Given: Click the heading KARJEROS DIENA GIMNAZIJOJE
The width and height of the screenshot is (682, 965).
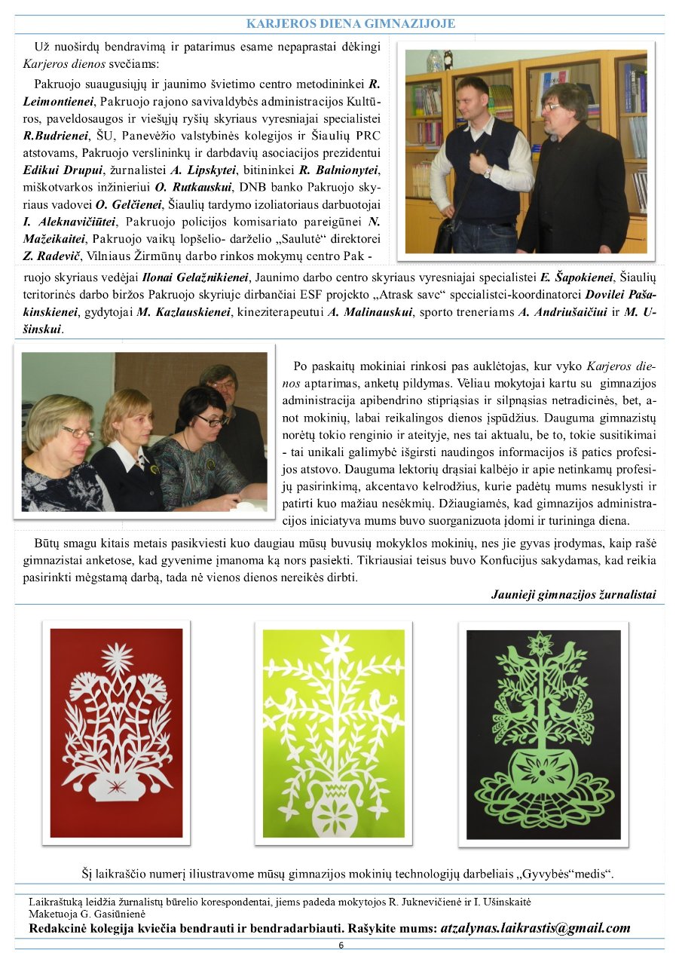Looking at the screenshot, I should [x=350, y=24].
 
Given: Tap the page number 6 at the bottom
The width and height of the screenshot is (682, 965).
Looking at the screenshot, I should [x=341, y=945].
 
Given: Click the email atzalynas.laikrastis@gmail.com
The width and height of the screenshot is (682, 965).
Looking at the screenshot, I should [x=535, y=928].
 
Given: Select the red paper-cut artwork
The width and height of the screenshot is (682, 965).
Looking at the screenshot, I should [x=116, y=732].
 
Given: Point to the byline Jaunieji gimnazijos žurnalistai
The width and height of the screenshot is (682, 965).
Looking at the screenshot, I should [x=573, y=595].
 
